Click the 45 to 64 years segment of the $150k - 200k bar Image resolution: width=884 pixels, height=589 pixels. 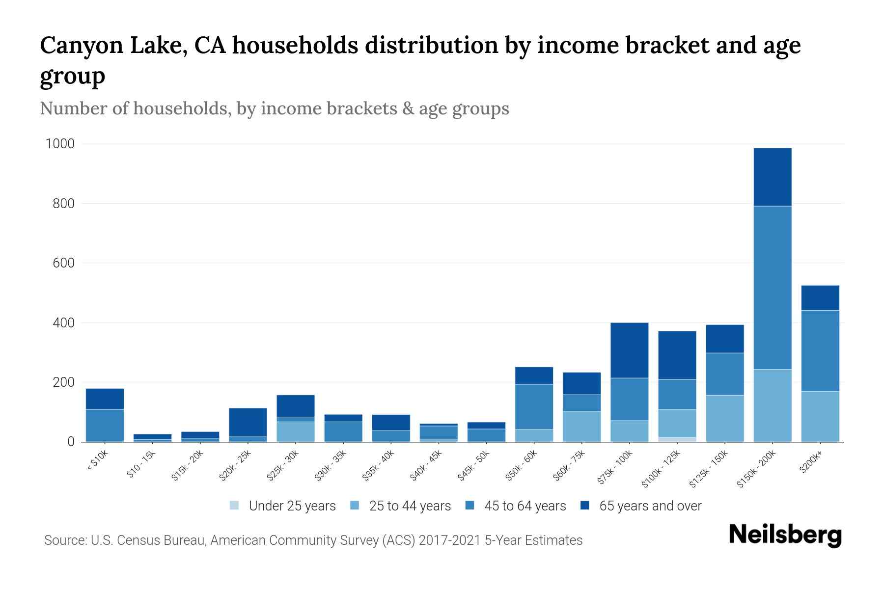coord(773,287)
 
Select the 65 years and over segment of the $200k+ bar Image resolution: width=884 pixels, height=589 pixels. coord(820,297)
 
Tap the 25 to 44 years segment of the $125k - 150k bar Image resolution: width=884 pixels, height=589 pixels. coord(725,418)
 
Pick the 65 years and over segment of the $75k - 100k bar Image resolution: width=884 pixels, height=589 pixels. coord(629,350)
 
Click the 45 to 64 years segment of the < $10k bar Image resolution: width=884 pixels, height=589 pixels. coord(105,425)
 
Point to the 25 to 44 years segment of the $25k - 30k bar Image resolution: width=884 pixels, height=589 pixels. coord(296,431)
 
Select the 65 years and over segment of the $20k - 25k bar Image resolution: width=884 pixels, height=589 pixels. coord(248,422)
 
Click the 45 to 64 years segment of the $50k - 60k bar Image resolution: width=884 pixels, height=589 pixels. coord(534,406)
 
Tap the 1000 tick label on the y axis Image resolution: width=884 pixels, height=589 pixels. coord(60,144)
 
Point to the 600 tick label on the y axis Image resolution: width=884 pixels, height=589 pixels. coord(64,263)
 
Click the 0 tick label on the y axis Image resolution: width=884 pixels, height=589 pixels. coord(71,442)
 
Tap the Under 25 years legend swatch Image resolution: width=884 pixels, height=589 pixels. coord(235,506)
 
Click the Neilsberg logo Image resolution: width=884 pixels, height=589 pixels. coord(785,535)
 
